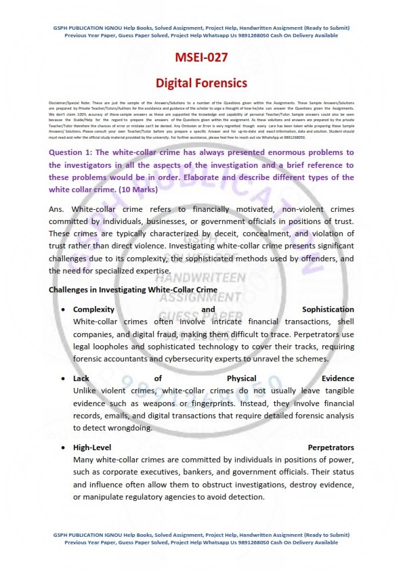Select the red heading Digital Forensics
[201, 83]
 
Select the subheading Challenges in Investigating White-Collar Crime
[133, 290]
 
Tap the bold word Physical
[244, 378]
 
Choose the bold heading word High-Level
[92, 447]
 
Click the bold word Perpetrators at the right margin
[331, 447]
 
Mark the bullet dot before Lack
[63, 378]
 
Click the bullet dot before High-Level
[63, 447]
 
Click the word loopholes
[112, 346]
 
